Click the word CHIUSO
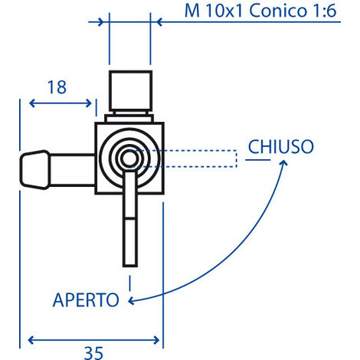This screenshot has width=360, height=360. click(x=280, y=146)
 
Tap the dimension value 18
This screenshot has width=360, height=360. click(x=55, y=87)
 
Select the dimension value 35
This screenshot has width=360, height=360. click(x=93, y=352)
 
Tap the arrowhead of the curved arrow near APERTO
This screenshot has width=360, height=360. click(x=133, y=299)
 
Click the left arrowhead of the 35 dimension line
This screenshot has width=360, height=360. click(x=33, y=338)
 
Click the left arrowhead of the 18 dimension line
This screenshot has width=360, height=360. click(x=33, y=103)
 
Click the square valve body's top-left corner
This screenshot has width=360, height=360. click(x=97, y=123)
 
